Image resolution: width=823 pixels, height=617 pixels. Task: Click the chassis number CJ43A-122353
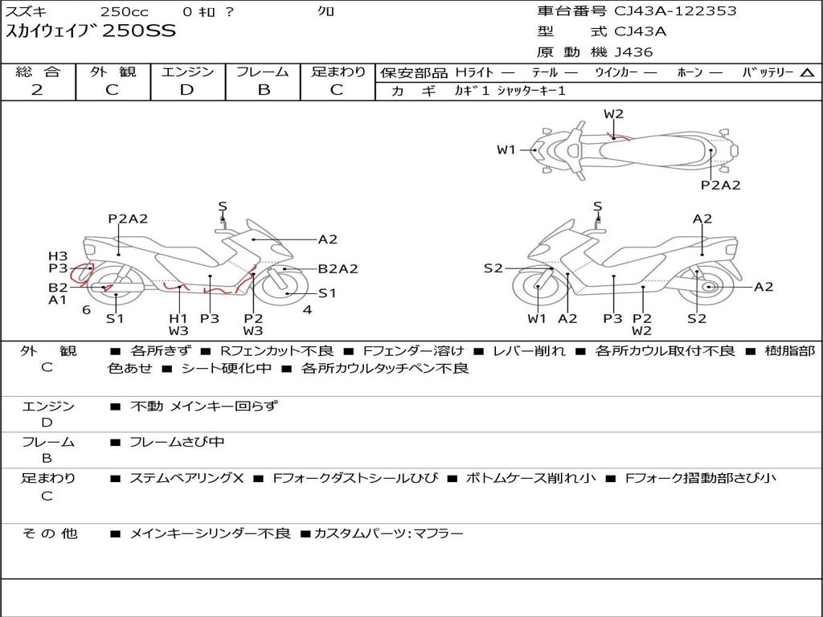(x=675, y=11)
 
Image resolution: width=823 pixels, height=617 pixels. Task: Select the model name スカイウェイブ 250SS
(x=91, y=31)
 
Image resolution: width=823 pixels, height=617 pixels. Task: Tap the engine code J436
(x=633, y=52)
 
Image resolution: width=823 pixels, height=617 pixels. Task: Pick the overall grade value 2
(x=37, y=90)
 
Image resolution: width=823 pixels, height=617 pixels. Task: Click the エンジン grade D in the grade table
(x=187, y=90)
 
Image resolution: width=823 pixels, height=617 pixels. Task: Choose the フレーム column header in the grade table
(x=263, y=72)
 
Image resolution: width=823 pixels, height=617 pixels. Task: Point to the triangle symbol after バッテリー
(x=807, y=73)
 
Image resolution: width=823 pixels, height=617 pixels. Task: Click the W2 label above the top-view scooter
(x=613, y=114)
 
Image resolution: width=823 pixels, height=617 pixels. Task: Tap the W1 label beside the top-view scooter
(x=506, y=149)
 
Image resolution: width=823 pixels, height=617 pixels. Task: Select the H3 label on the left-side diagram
(x=58, y=256)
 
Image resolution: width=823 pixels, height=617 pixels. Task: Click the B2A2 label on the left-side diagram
(x=338, y=269)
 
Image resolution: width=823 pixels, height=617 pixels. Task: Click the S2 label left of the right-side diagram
(x=493, y=268)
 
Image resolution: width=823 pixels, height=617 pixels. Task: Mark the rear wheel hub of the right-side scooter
(x=708, y=287)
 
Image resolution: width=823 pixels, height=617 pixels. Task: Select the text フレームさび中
(x=177, y=442)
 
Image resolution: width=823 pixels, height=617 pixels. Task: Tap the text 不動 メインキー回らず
(x=203, y=407)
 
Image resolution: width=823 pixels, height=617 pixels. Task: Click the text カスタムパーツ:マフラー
(x=389, y=533)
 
